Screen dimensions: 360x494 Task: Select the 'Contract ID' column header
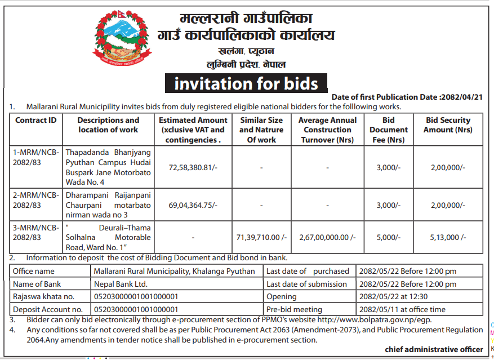click(35, 120)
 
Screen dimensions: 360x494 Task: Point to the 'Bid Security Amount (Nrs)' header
click(448, 125)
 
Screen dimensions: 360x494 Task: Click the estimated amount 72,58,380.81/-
click(192, 167)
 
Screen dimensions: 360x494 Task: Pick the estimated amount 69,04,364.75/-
click(192, 205)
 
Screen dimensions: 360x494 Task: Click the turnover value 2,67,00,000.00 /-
click(327, 238)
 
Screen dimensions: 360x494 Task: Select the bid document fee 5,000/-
click(389, 238)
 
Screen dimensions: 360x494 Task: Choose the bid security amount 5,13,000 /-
click(448, 238)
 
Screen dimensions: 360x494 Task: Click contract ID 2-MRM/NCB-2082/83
click(35, 200)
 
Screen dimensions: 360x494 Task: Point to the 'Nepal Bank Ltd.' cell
click(121, 284)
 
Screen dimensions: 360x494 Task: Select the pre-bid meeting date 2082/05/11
click(379, 309)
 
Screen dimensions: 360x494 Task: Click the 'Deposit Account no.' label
click(47, 309)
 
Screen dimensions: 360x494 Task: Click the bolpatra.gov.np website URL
click(355, 319)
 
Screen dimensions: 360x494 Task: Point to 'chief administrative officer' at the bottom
click(434, 349)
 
